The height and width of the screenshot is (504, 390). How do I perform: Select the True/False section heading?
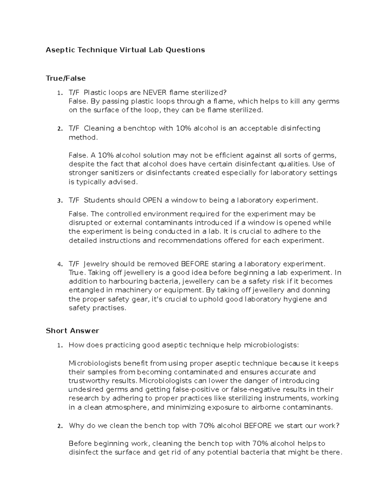66,78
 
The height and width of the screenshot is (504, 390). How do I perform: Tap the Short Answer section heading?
72,331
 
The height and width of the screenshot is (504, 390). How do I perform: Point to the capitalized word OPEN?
152,200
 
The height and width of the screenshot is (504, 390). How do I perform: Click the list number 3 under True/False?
59,201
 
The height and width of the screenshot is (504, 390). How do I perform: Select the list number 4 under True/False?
59,264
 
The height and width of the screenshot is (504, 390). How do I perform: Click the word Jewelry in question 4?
97,264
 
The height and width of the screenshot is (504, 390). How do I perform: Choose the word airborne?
265,407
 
